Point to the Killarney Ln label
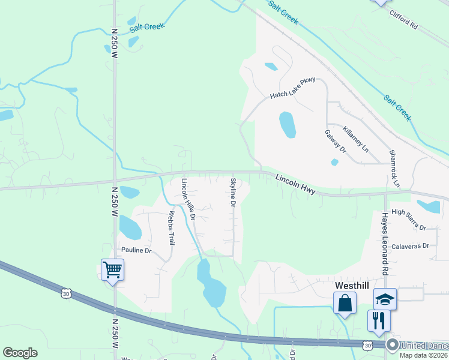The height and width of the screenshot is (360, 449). coord(355,138)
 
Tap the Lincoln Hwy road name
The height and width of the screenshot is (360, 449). coord(296,184)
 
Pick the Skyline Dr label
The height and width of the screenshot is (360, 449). coord(234,191)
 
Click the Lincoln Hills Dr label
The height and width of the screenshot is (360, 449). coord(188,199)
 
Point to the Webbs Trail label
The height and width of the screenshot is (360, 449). coord(171,228)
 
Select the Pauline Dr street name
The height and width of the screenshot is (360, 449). coord(136,250)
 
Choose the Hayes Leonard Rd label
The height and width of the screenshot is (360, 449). coord(384,241)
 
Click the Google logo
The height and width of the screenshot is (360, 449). coord(20,352)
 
